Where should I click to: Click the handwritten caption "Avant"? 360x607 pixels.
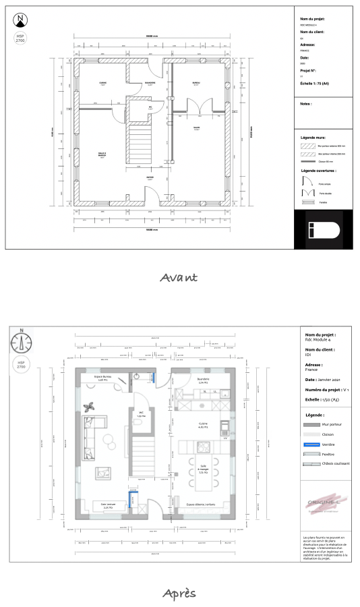(x=179, y=277)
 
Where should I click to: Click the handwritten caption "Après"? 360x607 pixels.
(x=179, y=593)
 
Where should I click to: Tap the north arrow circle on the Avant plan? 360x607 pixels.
(x=21, y=20)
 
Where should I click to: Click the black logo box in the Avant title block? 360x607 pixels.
(x=322, y=229)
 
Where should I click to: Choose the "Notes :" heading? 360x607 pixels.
(x=306, y=104)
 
